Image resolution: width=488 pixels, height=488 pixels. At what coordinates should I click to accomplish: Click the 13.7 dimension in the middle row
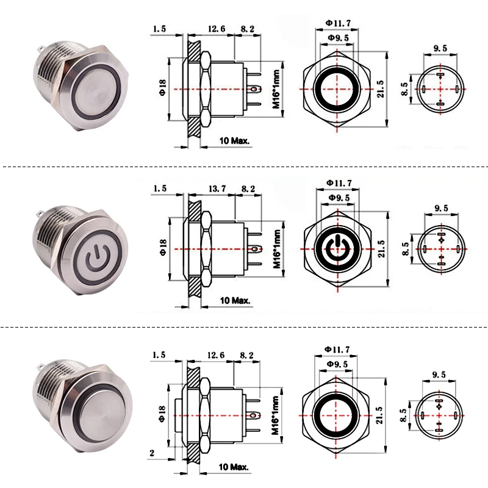(x=217, y=190)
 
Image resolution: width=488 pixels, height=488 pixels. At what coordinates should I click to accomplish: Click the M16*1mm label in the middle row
(x=276, y=249)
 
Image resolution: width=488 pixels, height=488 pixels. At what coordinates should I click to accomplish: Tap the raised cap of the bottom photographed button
(x=98, y=417)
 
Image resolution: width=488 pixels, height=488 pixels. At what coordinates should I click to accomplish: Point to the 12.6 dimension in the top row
(x=217, y=29)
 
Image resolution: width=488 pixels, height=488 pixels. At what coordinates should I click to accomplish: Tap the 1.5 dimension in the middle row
(x=160, y=190)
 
